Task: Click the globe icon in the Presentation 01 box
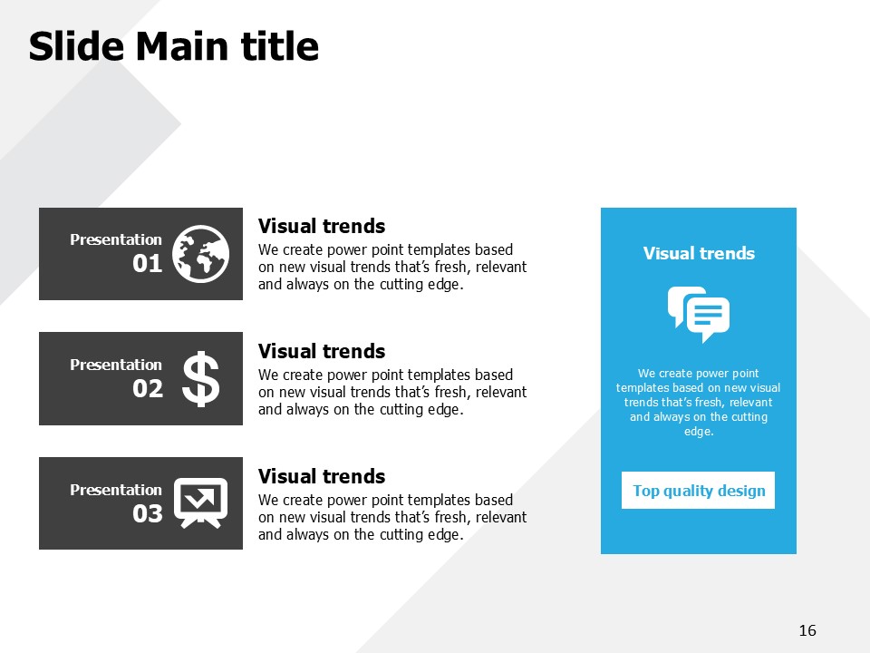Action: tap(200, 254)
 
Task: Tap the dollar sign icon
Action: tap(201, 379)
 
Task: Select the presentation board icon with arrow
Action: tap(201, 503)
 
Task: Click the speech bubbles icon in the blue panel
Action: tap(699, 315)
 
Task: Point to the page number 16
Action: tap(807, 630)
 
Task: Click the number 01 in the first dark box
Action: tap(147, 263)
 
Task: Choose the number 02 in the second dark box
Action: tap(148, 388)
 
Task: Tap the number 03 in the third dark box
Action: tap(148, 513)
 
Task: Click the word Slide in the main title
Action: tap(76, 46)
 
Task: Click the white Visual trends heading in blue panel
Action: tap(699, 253)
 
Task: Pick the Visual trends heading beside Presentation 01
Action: tap(321, 226)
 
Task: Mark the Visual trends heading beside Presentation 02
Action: tap(321, 351)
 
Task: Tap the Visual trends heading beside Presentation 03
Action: tap(321, 476)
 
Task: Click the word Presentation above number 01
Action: tap(116, 239)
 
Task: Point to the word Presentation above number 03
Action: tap(116, 490)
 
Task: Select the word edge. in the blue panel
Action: tap(699, 432)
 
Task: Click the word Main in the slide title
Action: tap(182, 46)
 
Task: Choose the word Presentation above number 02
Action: tap(116, 365)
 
